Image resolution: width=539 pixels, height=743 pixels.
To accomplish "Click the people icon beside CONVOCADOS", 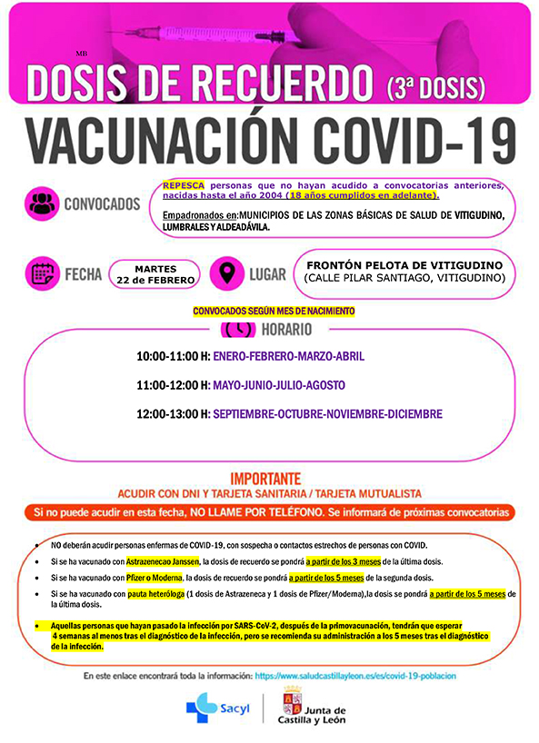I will click(43, 203).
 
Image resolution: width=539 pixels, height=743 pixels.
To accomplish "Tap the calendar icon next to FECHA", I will click(43, 272).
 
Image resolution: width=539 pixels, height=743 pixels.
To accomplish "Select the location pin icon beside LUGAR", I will click(227, 272).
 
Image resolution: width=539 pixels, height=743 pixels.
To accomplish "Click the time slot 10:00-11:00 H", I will click(173, 357).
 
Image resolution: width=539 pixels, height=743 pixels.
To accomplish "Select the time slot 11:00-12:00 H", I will click(173, 385).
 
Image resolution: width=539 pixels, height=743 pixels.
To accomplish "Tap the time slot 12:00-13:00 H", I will click(173, 413).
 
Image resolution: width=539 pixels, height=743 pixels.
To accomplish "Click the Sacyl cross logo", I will click(196, 705).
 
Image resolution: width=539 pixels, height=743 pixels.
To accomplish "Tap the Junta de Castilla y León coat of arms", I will click(293, 705).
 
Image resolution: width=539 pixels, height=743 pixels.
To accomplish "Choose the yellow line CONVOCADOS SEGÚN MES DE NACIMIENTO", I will click(273, 311).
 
